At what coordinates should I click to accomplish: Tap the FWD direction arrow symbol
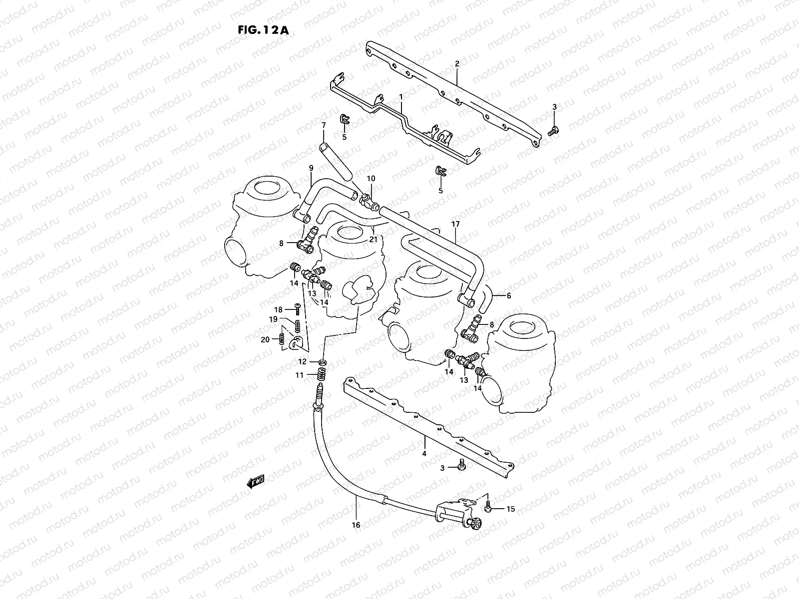click(x=256, y=481)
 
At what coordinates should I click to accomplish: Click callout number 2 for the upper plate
click(x=456, y=64)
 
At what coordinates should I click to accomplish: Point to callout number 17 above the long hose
click(x=455, y=225)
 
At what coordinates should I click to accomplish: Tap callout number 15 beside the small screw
click(x=510, y=509)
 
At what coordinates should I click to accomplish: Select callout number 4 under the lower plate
click(x=424, y=454)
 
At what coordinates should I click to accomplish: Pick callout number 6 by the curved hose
click(x=508, y=296)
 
